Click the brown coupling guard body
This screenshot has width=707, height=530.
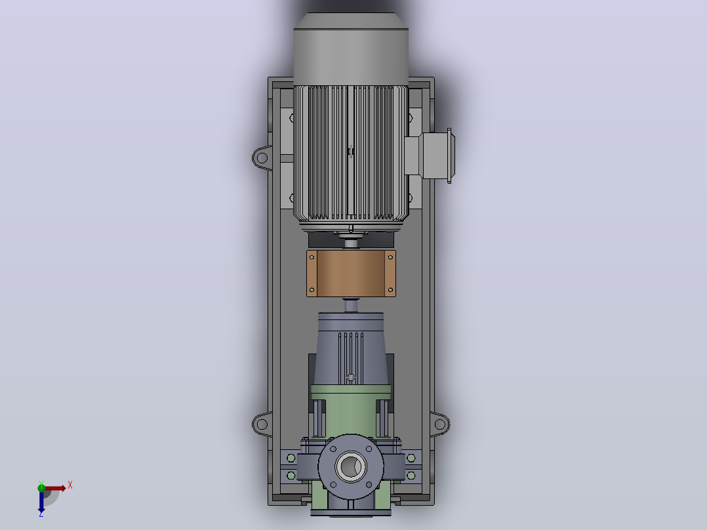[351, 274]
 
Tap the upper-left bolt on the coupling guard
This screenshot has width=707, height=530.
[312, 258]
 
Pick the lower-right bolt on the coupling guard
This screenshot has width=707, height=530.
[390, 289]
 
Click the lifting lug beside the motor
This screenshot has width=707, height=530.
[262, 158]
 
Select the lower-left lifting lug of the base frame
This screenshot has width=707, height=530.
[262, 424]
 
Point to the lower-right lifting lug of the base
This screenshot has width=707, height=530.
[439, 424]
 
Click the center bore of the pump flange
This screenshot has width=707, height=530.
[351, 466]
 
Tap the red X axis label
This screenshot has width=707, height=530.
[70, 485]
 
